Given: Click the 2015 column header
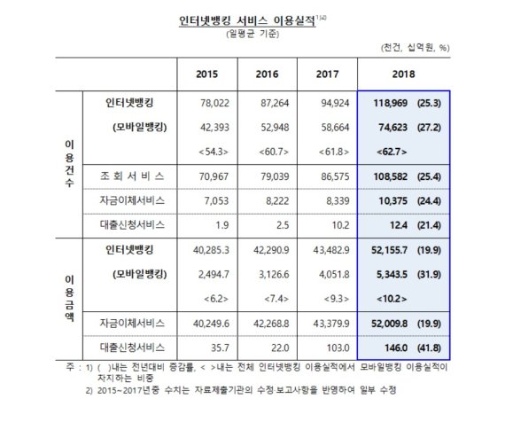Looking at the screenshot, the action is point(206,74).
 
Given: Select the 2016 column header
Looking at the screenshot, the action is point(267,74).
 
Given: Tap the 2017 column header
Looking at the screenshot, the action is point(327,74).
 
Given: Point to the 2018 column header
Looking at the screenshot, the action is point(403,74).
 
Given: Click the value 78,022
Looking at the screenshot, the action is point(214,103).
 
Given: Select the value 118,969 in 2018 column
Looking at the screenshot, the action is point(391,103).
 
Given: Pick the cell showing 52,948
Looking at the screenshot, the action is point(275,128).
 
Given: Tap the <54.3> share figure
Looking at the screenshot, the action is point(214,152).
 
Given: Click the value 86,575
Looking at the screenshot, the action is point(335,176).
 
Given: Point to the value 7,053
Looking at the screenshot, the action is point(216,201).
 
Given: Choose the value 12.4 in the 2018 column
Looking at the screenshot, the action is point(399,225).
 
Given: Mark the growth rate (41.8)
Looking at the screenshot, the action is point(429,348).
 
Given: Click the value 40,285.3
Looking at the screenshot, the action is point(211,250).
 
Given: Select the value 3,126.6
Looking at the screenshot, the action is point(274,274).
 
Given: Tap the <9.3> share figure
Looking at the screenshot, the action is point(337,299).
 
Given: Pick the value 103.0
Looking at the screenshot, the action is point(338,348).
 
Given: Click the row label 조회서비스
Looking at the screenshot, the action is point(132,176).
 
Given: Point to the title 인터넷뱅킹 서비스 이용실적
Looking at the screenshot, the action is point(247,21).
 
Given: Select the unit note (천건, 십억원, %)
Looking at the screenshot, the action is point(416,48).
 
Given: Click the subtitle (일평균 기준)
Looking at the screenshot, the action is point(252,34).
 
